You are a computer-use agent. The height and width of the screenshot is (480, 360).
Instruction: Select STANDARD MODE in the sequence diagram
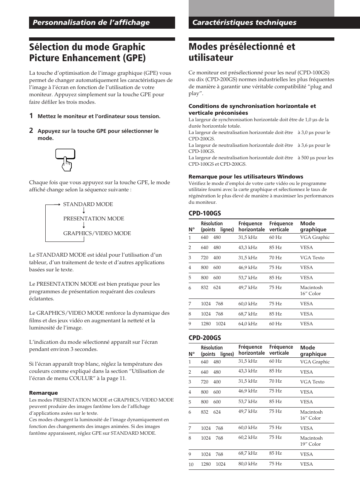coord(88,204)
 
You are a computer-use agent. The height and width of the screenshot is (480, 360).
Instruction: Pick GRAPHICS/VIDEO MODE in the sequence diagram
coord(97,233)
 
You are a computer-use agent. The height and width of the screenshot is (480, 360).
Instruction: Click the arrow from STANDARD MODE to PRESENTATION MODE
coord(84,211)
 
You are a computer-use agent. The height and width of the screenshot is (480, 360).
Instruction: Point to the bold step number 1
coord(31,116)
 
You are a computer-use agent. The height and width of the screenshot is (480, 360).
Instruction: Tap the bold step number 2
coord(31,131)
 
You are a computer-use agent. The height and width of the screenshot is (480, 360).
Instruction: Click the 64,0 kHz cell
coord(248,324)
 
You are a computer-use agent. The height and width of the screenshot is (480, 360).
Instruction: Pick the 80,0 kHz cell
coord(248,463)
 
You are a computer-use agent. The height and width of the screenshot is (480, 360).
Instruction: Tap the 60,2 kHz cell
coord(248,437)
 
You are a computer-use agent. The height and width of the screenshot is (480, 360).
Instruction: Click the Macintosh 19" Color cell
coord(311,441)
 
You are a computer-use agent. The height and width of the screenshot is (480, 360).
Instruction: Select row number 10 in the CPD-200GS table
coord(191,464)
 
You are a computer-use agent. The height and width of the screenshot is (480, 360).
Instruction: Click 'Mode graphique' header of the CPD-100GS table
coord(313,226)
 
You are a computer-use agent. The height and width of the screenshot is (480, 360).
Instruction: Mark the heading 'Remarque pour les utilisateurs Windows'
coord(246,177)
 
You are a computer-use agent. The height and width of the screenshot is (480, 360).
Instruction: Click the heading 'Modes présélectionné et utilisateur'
coord(242,52)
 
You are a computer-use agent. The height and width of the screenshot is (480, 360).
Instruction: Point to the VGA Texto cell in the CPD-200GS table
coord(312,382)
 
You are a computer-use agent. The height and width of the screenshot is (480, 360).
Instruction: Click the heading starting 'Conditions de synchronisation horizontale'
coord(252,109)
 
